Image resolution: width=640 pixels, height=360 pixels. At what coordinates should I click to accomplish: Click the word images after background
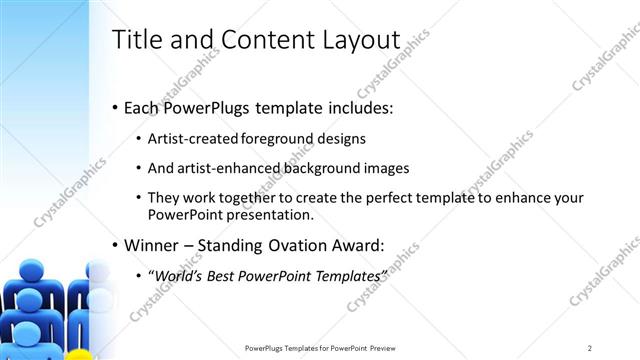point(387,169)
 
